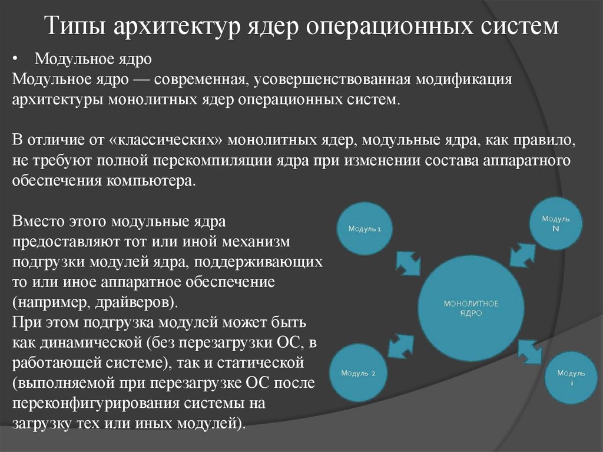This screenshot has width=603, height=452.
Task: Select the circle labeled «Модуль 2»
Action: coord(361,373)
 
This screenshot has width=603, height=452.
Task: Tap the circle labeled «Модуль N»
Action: coord(556,223)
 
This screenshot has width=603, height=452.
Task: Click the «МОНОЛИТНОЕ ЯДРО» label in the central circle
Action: coord(471,308)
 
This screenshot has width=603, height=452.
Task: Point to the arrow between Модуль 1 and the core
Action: coord(407,263)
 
